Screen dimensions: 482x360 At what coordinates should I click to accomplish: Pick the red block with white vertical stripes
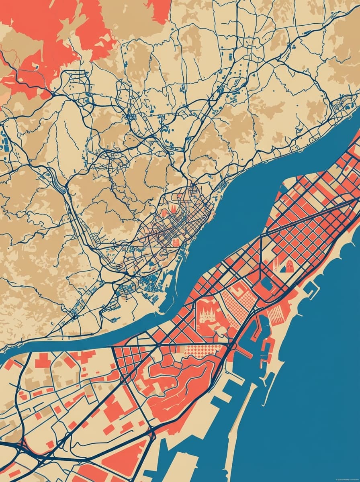click(276, 316)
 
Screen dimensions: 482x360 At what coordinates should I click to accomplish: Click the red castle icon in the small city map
click(176, 242)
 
